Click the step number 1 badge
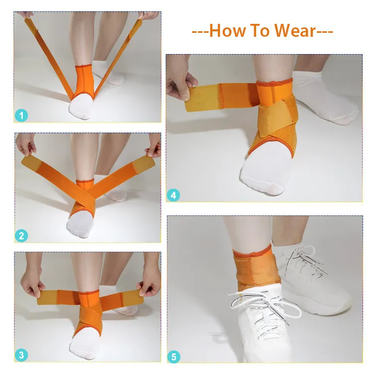(x=21, y=116)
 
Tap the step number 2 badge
(x=21, y=235)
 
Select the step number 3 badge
(x=21, y=355)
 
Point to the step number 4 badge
(x=174, y=195)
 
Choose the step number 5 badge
(x=174, y=357)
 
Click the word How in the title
(x=225, y=31)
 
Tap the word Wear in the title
(x=294, y=31)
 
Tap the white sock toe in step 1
(x=79, y=107)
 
